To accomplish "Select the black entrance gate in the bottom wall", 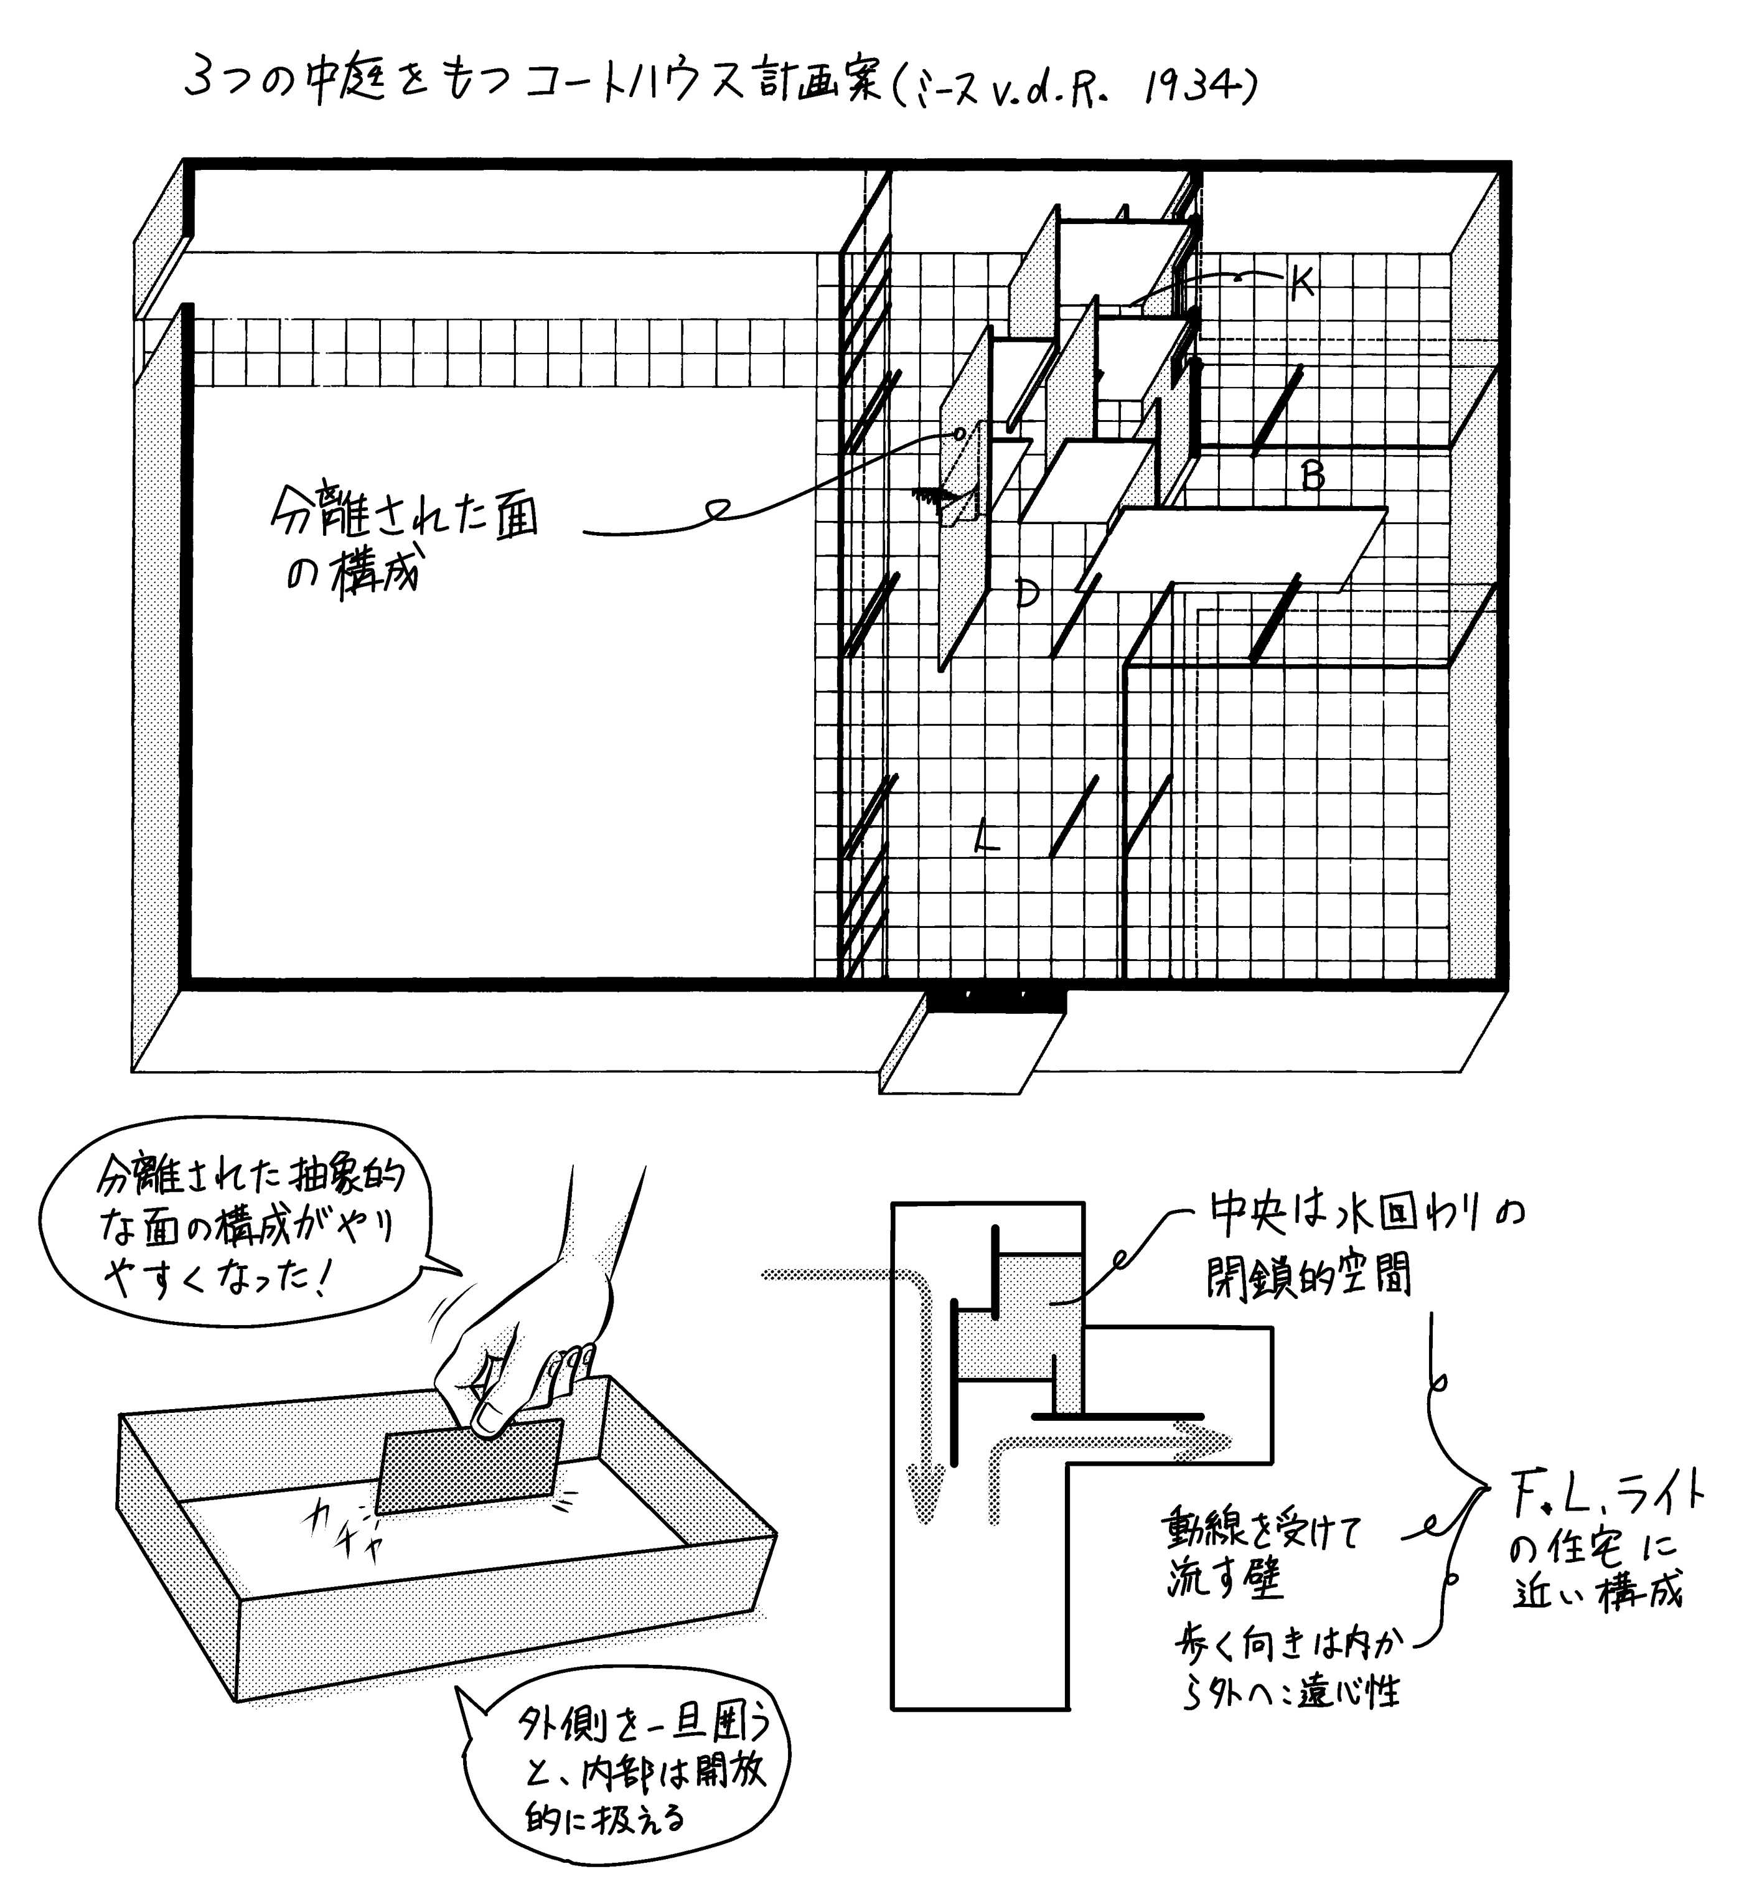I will tap(995, 999).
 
